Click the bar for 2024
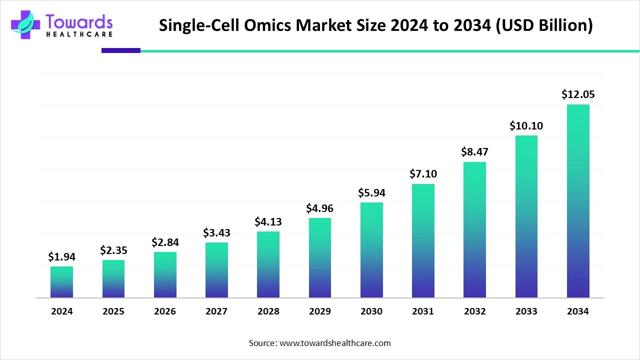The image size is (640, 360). coord(61,282)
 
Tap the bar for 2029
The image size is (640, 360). coord(320,258)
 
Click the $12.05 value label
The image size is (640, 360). coord(578,94)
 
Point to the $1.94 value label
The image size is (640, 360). coord(61,256)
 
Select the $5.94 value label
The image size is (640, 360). coord(371,192)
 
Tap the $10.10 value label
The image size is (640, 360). coord(526,126)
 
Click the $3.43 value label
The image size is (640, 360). coord(216,232)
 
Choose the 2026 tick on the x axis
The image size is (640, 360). coord(165,311)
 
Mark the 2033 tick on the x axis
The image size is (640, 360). coord(526,311)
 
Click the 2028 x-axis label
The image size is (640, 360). coord(268,311)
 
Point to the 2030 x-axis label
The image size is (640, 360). coord(371,311)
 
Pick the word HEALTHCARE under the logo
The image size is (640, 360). coord(79,34)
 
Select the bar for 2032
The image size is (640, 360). coord(474,230)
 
